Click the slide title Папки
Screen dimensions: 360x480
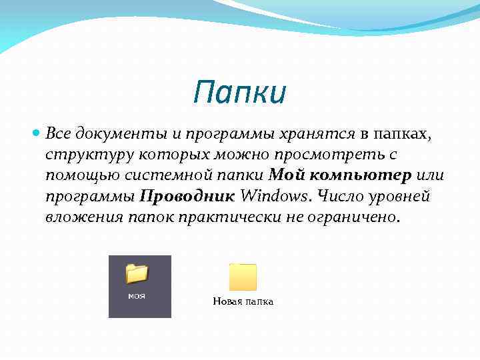240,93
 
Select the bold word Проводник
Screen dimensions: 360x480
187,197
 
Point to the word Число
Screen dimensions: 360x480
342,197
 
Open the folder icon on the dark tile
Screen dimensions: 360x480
137,273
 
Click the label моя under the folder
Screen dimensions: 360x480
137,295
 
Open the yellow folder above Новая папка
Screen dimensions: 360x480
243,277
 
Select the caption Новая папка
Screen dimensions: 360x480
243,302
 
